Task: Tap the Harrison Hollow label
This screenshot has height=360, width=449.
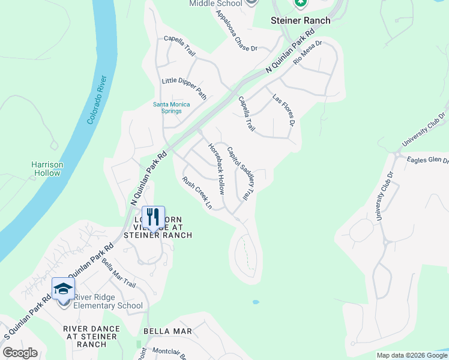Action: pyautogui.click(x=47, y=169)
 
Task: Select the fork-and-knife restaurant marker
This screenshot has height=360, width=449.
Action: pyautogui.click(x=152, y=217)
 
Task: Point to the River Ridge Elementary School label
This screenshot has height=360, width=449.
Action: pyautogui.click(x=108, y=301)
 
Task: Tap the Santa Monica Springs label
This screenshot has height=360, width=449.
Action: pyautogui.click(x=171, y=107)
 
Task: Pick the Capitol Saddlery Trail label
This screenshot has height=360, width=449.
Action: pyautogui.click(x=241, y=173)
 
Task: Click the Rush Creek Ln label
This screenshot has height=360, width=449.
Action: pyautogui.click(x=197, y=193)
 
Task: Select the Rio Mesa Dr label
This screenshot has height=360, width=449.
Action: pyautogui.click(x=307, y=53)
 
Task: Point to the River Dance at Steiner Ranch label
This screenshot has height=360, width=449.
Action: pyautogui.click(x=91, y=337)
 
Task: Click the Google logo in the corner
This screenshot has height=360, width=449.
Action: pyautogui.click(x=20, y=353)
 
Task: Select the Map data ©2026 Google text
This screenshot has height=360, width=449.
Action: pyautogui.click(x=411, y=355)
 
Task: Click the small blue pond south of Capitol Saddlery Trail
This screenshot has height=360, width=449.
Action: pyautogui.click(x=256, y=302)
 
